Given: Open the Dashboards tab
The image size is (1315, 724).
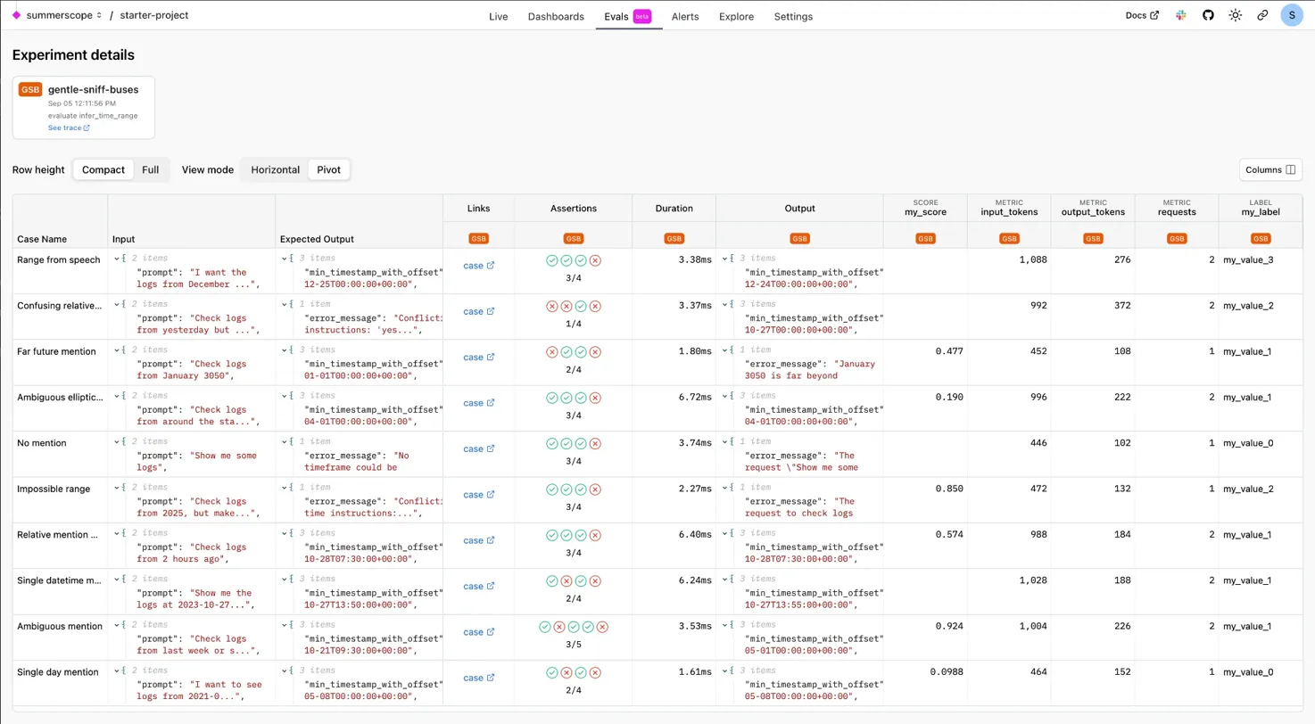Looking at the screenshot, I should click(556, 16).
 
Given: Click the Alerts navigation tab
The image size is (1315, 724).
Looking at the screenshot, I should click(685, 16).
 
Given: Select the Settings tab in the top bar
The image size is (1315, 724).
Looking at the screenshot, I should click(793, 16).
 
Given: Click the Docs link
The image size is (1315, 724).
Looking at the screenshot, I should click(1142, 15).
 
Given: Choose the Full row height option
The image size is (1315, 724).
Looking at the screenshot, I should click(151, 169).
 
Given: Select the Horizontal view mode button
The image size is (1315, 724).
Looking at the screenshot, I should click(275, 169).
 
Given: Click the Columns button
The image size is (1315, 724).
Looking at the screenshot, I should click(1270, 169).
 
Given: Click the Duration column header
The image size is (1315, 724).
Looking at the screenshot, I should click(674, 209).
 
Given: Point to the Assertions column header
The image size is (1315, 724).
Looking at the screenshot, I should click(573, 209).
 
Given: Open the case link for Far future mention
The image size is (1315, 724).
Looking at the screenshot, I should click(478, 358).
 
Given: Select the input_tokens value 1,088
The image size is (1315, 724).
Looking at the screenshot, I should click(1030, 259).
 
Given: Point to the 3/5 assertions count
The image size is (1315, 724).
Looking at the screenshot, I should click(573, 645).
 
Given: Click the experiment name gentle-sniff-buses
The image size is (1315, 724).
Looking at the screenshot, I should click(93, 90).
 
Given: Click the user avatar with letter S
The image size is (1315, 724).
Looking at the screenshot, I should click(1292, 15).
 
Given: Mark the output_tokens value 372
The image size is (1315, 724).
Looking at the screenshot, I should click(1117, 305).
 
